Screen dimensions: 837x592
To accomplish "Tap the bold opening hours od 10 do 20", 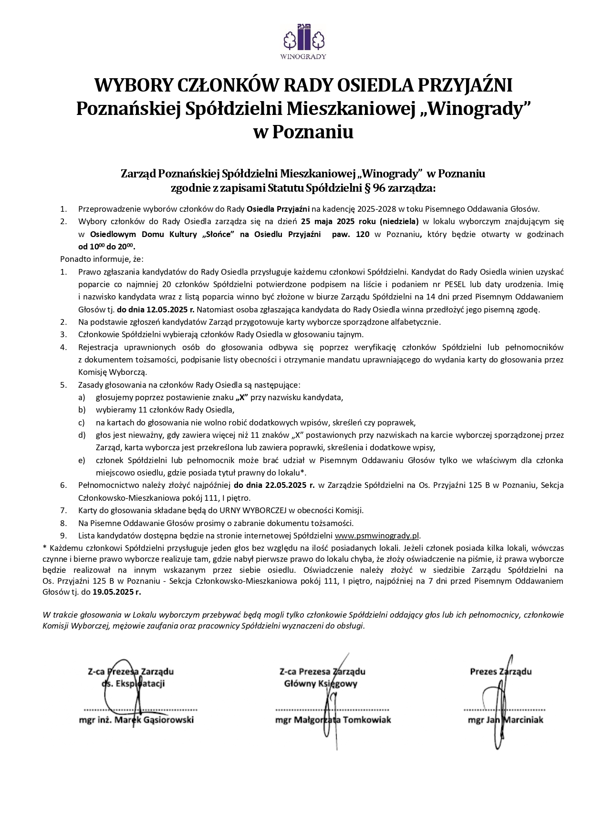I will [107, 247].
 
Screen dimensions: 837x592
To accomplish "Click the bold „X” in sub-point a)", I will [242, 397].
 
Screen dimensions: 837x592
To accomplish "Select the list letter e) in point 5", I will [82, 460].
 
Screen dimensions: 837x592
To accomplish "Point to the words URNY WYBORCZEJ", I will [249, 510].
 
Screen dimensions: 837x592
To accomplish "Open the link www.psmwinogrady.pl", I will [377, 536].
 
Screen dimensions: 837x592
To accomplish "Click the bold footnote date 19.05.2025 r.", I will [117, 592].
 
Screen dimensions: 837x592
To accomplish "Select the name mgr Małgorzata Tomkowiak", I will [333, 719].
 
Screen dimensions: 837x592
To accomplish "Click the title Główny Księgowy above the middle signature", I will [321, 683].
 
